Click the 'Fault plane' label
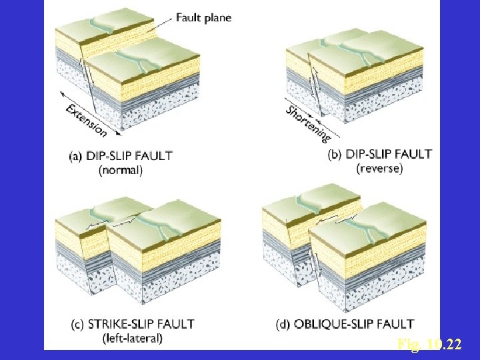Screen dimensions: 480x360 click(203, 18)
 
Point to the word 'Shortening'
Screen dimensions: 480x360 click(308, 123)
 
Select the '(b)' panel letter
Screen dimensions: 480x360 click(336, 154)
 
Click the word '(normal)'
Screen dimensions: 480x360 click(120, 170)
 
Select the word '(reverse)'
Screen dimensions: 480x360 click(380, 168)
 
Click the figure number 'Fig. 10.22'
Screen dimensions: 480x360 click(429, 345)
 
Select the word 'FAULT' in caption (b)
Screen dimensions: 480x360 click(415, 154)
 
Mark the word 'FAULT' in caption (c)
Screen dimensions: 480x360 click(177, 325)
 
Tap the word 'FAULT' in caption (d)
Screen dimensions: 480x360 click(397, 325)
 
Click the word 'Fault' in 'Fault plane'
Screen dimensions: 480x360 click(189, 18)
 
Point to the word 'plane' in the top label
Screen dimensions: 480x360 click(218, 19)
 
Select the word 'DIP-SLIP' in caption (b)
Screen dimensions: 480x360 click(371, 154)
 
